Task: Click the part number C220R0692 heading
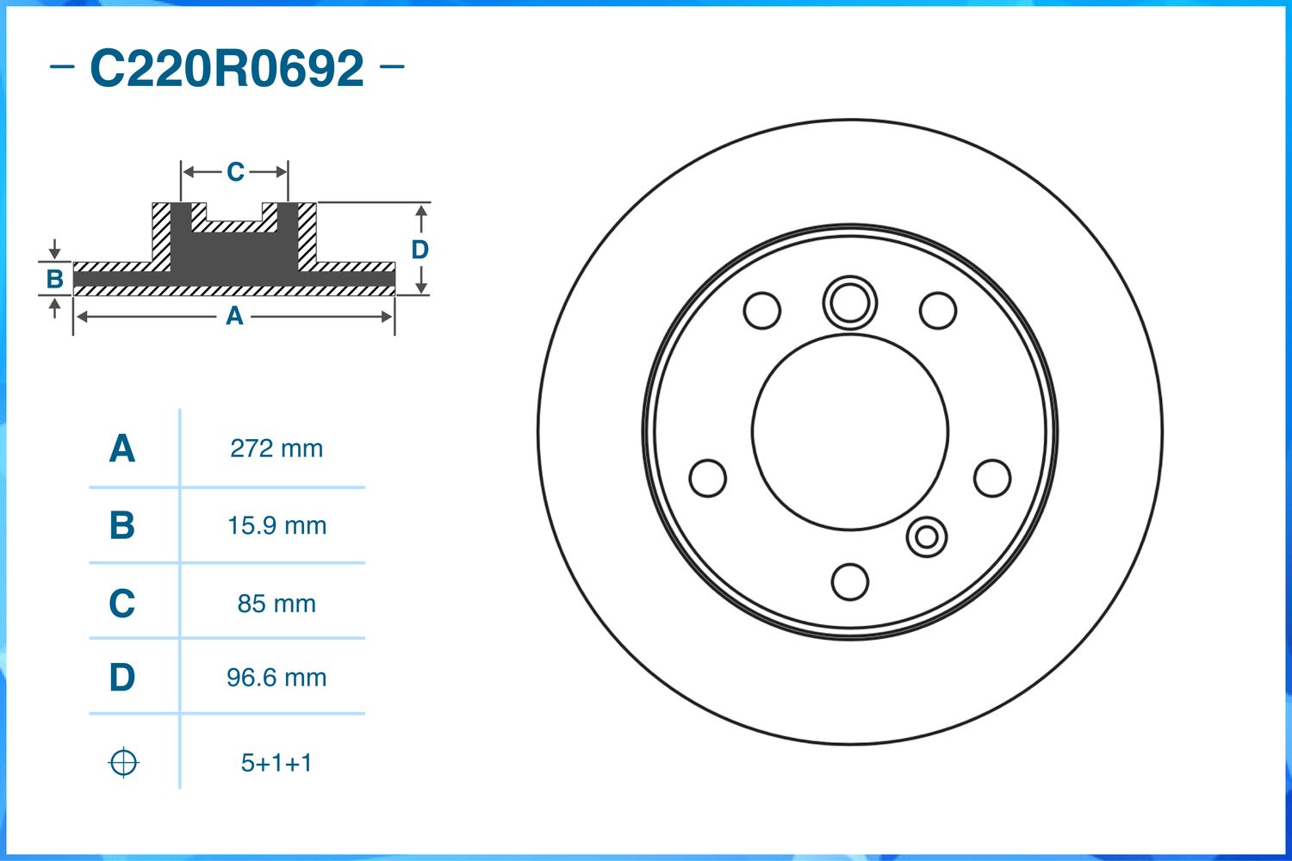(227, 68)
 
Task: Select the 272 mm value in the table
(276, 449)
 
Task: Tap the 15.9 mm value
(276, 525)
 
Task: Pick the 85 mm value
(276, 604)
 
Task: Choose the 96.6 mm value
(276, 678)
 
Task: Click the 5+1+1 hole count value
(276, 763)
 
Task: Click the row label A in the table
(121, 449)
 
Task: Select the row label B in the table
(121, 525)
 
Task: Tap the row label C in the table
(121, 604)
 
